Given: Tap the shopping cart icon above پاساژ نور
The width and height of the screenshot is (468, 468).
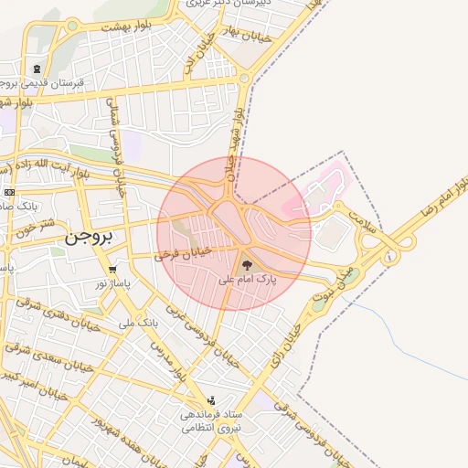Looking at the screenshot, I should click(112, 270).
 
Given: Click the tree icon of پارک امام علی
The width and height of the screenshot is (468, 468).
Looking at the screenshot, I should click(247, 265).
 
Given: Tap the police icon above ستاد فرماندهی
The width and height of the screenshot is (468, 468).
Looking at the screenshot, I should click(213, 399).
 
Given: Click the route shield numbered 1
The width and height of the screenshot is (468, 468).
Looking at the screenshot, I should click(391, 258).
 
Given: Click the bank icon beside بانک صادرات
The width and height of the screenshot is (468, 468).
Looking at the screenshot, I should click(9, 192).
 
